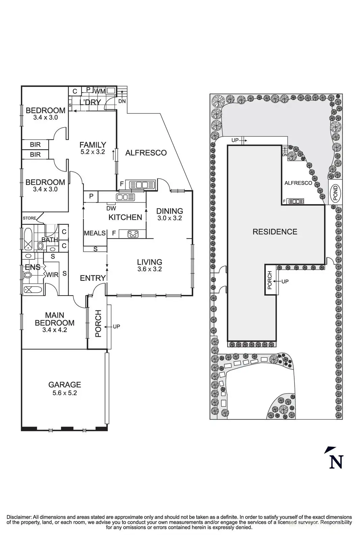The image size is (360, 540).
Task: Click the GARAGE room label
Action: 64,384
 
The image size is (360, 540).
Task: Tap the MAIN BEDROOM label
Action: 55,319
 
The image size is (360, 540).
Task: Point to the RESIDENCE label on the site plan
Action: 275,232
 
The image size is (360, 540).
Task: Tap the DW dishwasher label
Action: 111,208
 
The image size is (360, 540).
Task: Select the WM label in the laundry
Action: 100,91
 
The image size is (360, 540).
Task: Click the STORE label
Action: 29,218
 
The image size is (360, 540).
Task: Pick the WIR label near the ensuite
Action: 52,275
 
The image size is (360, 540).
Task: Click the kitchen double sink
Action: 125,197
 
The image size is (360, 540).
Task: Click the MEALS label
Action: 95,233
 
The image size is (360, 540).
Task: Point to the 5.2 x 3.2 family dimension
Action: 93,152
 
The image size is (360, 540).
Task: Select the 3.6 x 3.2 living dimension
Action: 149,269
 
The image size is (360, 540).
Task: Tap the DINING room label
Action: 170,211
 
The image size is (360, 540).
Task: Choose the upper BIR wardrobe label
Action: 35,145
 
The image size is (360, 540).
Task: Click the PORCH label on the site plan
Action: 270,280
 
